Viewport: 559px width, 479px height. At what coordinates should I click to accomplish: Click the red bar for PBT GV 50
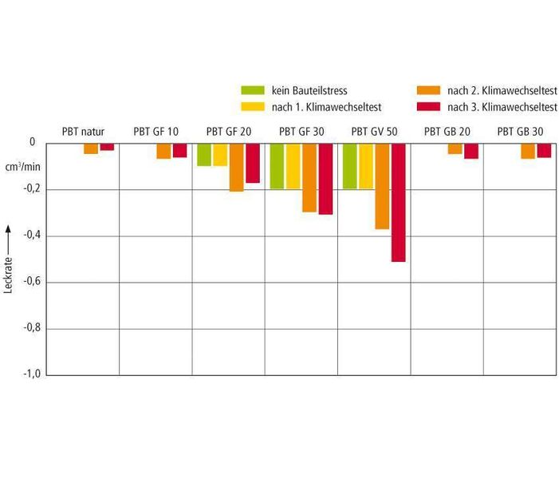pyautogui.click(x=398, y=202)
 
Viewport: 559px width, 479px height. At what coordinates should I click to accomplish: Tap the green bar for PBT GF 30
pyautogui.click(x=277, y=166)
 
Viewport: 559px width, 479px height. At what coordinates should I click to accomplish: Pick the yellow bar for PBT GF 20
pyautogui.click(x=220, y=154)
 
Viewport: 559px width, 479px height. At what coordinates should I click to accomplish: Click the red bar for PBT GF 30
pyautogui.click(x=325, y=179)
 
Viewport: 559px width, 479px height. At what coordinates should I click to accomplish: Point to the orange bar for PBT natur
pyautogui.click(x=91, y=148)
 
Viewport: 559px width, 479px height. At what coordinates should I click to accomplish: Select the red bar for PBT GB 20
pyautogui.click(x=471, y=151)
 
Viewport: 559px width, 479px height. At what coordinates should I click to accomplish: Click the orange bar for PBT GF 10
pyautogui.click(x=163, y=151)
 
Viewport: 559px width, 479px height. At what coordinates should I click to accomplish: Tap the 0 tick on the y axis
pyautogui.click(x=32, y=142)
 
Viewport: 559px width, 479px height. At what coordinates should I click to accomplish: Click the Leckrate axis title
pyautogui.click(x=9, y=259)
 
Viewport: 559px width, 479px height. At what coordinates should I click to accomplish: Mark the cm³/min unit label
pyautogui.click(x=22, y=166)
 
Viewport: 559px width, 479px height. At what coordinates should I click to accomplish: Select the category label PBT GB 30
pyautogui.click(x=520, y=130)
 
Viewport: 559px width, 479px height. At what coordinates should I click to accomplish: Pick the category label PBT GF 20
pyautogui.click(x=228, y=130)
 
